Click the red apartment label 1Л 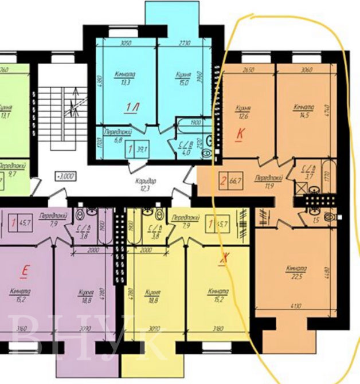[131, 107]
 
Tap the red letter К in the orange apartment [240, 134]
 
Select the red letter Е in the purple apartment [25, 270]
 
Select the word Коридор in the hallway [146, 182]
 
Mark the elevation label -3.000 [66, 176]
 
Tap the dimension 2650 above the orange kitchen [248, 71]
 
